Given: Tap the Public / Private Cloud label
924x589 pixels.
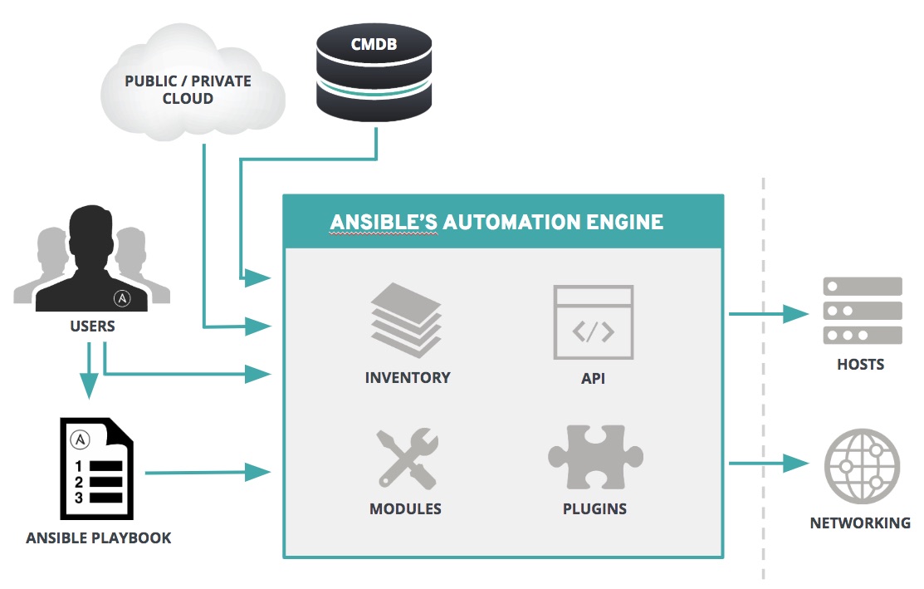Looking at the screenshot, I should (188, 90).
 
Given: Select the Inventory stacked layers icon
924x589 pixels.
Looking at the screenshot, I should (407, 319).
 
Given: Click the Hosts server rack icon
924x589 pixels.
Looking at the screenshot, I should (862, 311).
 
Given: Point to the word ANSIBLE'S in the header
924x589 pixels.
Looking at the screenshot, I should (384, 222).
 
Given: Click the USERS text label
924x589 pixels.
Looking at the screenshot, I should (92, 326).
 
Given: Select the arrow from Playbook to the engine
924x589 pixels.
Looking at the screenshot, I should (208, 473).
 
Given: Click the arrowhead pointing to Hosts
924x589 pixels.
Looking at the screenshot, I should (797, 314).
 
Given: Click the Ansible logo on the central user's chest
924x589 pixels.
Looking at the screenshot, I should (122, 297).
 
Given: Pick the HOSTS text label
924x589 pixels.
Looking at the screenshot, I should (860, 364).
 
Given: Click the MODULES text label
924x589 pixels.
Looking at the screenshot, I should (405, 508).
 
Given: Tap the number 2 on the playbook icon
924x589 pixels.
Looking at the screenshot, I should (79, 482).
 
